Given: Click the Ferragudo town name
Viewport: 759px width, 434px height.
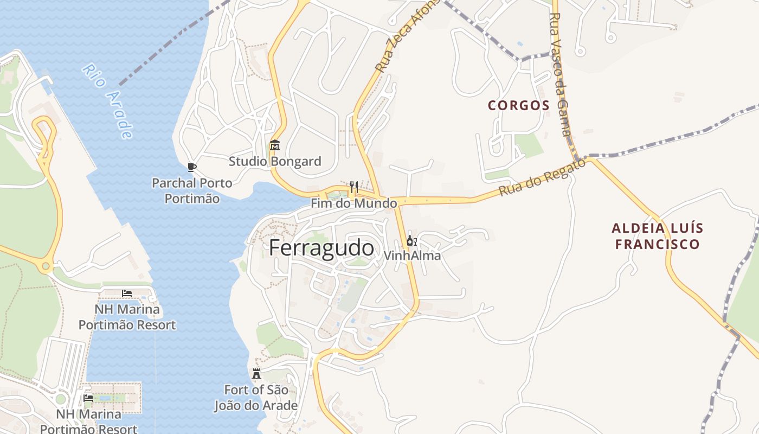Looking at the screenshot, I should point(321,248).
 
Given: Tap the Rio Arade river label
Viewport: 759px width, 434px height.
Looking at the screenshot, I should point(108,101).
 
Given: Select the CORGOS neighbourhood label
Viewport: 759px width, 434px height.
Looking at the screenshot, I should point(518,105).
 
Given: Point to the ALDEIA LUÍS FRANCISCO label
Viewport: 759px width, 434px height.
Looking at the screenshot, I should point(657,236).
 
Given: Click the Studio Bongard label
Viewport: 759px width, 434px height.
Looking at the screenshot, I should point(274,161).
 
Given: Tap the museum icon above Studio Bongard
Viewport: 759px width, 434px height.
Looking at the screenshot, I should point(274,145).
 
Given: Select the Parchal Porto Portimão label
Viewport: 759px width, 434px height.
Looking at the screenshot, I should point(192,190).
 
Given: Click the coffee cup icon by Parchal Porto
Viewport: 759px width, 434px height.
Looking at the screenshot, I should point(191,167).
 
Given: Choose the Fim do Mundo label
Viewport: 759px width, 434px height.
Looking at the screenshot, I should point(353,203).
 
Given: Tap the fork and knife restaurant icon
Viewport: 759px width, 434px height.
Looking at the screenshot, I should point(353,187).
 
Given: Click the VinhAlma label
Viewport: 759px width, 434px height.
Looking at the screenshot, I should point(412,255).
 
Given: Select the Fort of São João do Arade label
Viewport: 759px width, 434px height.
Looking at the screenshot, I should point(256,397).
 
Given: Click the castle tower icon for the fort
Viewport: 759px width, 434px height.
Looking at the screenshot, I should point(256,373).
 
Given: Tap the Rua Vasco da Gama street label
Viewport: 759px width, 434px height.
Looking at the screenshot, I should point(559,76).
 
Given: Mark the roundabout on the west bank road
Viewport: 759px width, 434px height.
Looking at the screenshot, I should point(46,266).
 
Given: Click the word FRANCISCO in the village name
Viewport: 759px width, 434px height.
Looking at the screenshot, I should point(657,244).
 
